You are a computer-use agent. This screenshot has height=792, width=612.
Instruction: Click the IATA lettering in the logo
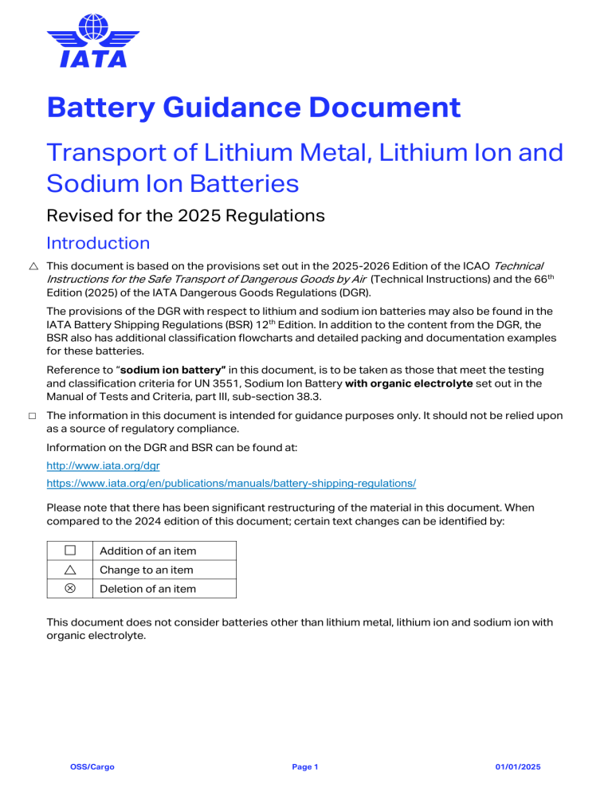coord(93,58)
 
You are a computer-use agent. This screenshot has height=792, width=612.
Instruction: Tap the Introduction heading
coord(98,242)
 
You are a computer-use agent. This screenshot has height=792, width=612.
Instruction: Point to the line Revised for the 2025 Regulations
coord(186,214)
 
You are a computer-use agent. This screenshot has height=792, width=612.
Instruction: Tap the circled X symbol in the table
coord(70,589)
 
